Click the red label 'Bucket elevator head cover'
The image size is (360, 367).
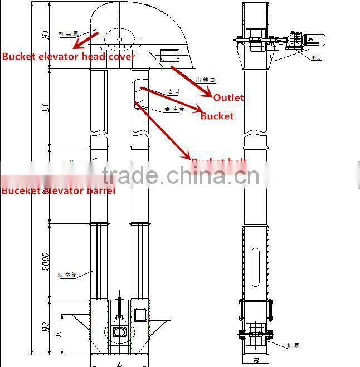click(x=68, y=56)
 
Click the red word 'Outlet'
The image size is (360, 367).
click(x=228, y=97)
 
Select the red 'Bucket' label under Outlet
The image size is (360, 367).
click(x=217, y=116)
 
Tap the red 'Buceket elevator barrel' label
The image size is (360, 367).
click(x=58, y=191)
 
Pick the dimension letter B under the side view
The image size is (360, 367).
click(x=255, y=360)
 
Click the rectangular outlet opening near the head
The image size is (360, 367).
click(x=168, y=55)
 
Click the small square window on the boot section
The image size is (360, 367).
click(x=140, y=314)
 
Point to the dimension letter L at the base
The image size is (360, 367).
click(x=120, y=363)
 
